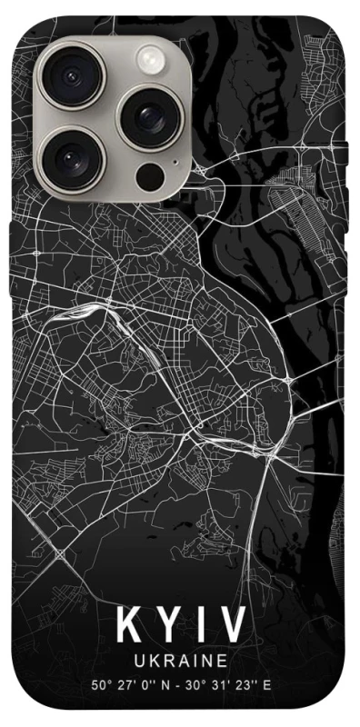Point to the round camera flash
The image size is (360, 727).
[x=151, y=61]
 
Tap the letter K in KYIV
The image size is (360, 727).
[x=127, y=626]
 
